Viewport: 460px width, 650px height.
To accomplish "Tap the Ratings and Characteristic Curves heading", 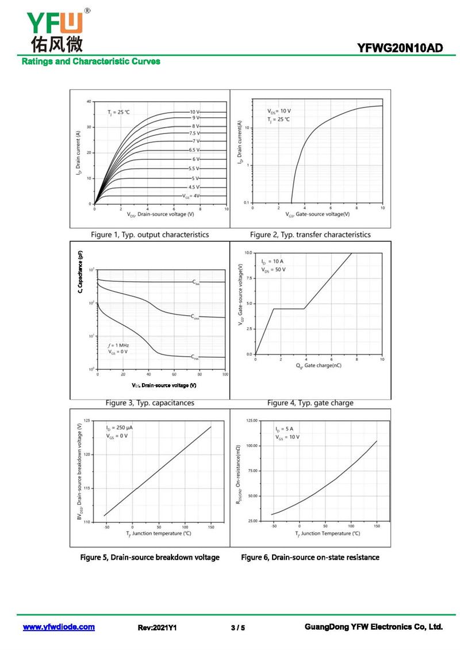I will (91, 62).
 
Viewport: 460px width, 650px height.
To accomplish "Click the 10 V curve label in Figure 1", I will (194, 112).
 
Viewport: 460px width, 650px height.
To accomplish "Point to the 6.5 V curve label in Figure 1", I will (194, 150).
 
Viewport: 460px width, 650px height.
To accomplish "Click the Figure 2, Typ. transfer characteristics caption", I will (310, 235).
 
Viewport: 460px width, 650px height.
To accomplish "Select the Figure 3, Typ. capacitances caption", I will (150, 403).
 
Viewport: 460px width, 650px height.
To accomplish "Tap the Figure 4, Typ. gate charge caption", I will (310, 403).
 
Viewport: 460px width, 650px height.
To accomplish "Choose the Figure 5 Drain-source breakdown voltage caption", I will (150, 557).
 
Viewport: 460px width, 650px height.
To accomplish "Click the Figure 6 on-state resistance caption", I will (310, 557).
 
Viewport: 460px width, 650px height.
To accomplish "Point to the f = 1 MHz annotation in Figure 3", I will (118, 345).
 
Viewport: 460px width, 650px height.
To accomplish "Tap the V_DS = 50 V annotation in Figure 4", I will (273, 269).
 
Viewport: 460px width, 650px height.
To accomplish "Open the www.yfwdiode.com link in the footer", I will (59, 627).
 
